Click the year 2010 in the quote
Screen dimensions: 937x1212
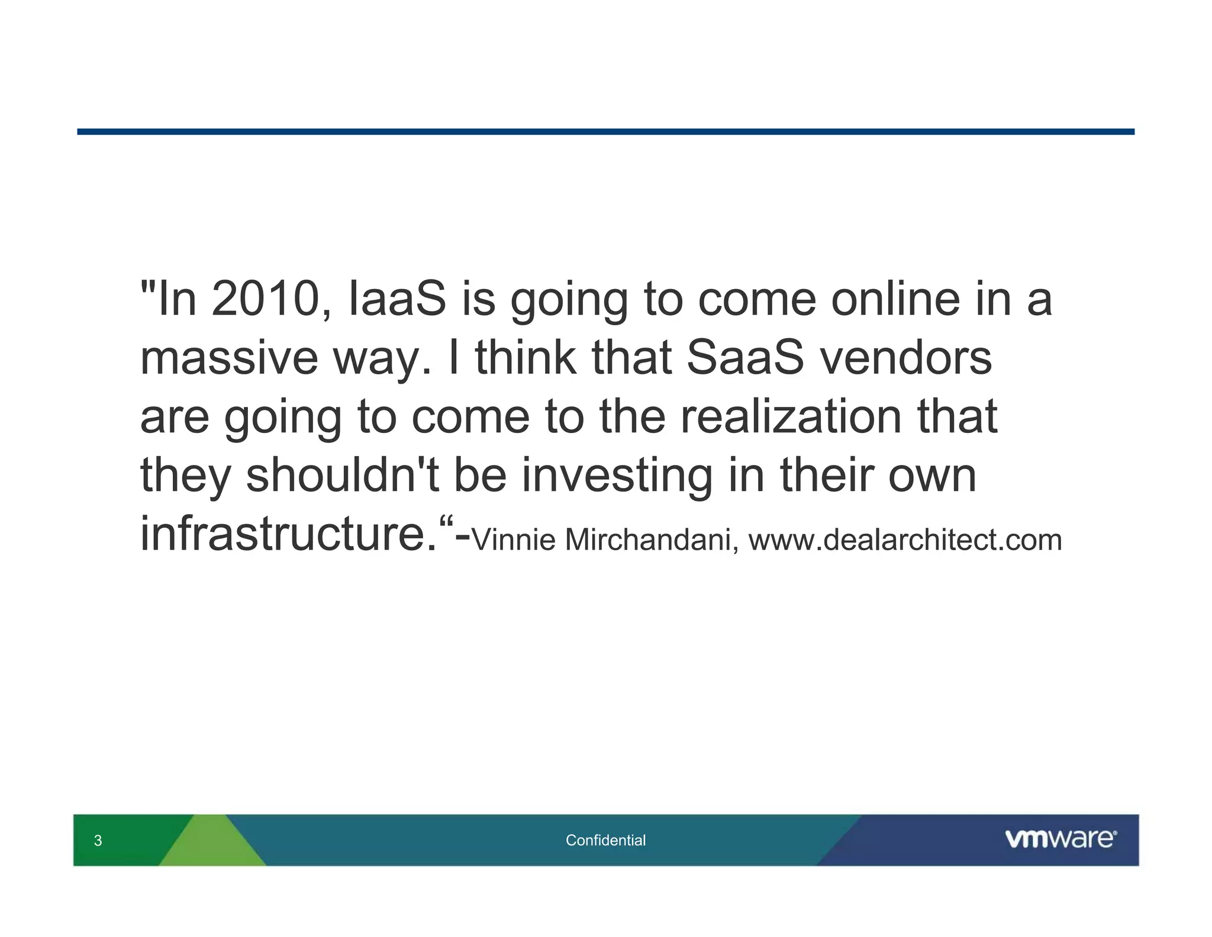tap(265, 299)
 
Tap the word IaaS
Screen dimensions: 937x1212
tap(397, 299)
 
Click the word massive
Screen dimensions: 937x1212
tap(229, 358)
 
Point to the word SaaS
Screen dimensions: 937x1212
tap(745, 358)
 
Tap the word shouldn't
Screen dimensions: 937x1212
tap(342, 476)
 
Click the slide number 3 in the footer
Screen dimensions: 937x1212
tap(98, 840)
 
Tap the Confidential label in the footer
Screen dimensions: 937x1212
tap(605, 840)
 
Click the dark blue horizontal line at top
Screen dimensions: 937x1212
tap(605, 131)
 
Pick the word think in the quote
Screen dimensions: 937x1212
tap(526, 358)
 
